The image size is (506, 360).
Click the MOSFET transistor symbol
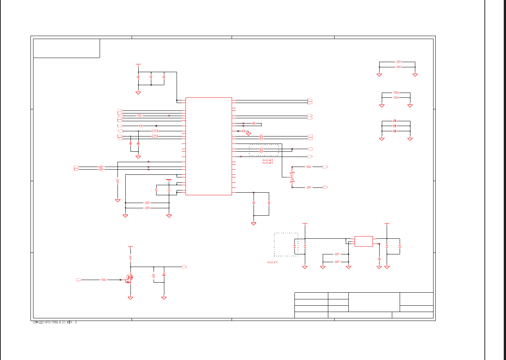pyautogui.click(x=129, y=277)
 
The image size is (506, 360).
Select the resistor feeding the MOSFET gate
pyautogui.click(x=103, y=280)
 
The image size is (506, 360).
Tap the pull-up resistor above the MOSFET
pyautogui.click(x=130, y=257)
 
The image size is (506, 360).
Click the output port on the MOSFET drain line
pyautogui.click(x=184, y=267)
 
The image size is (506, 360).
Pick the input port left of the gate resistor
pyautogui.click(x=79, y=280)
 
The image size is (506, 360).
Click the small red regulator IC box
pyautogui.click(x=364, y=241)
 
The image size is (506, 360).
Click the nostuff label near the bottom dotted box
pyautogui.click(x=273, y=263)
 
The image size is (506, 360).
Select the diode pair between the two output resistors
pyautogui.click(x=292, y=177)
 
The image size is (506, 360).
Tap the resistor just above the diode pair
pyautogui.click(x=308, y=167)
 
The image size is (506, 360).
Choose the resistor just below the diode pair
pyautogui.click(x=308, y=187)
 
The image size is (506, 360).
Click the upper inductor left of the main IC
pyautogui.click(x=155, y=131)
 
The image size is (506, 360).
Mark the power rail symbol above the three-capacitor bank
pyautogui.click(x=138, y=64)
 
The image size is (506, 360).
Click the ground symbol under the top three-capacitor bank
pyautogui.click(x=138, y=93)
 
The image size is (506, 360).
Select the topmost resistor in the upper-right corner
pyautogui.click(x=398, y=62)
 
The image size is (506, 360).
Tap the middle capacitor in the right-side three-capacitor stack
pyautogui.click(x=394, y=126)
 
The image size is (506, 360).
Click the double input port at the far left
pyautogui.click(x=77, y=168)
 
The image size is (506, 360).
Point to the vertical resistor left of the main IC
pyautogui.click(x=117, y=181)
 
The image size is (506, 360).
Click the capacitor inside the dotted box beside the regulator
pyautogui.click(x=295, y=246)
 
